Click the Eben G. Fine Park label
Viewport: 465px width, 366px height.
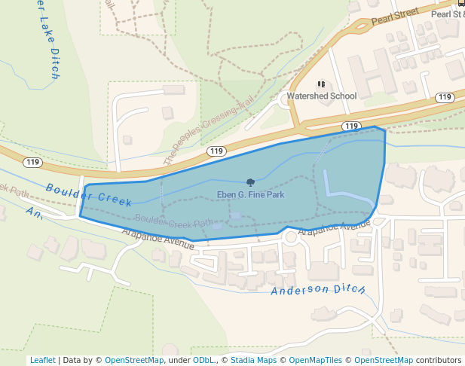click(x=250, y=195)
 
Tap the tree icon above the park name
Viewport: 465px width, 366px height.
click(x=250, y=182)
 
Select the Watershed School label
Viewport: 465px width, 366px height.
click(x=321, y=96)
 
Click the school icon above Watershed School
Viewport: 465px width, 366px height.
click(x=321, y=84)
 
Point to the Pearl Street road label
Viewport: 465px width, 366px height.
click(x=394, y=14)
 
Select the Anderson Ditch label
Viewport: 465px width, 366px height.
click(x=318, y=289)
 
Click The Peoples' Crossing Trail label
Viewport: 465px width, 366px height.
click(x=207, y=133)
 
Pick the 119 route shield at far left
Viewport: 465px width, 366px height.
click(x=32, y=162)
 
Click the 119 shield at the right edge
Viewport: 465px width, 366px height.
click(x=445, y=97)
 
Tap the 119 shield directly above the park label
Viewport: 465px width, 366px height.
click(x=216, y=151)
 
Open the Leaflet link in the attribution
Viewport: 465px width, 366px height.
click(x=42, y=360)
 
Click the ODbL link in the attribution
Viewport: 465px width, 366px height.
click(x=203, y=360)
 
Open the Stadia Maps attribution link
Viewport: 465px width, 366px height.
click(x=253, y=360)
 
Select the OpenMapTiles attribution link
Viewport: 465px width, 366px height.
click(x=316, y=360)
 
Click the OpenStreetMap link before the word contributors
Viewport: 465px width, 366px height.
click(x=384, y=360)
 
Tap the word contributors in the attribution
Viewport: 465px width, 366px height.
click(x=439, y=360)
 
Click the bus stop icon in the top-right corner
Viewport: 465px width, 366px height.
click(x=460, y=3)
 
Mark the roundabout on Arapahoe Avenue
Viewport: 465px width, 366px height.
click(x=290, y=238)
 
